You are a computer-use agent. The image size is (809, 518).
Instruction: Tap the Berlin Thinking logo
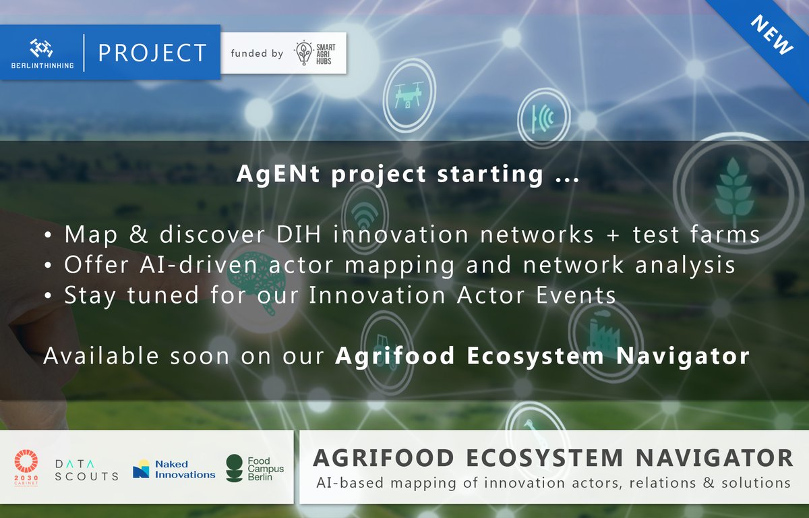(x=42, y=53)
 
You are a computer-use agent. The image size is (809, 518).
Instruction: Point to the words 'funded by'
(x=257, y=53)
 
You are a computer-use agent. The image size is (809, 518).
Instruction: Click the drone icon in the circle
(x=409, y=94)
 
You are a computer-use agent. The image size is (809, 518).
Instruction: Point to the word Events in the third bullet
(x=580, y=295)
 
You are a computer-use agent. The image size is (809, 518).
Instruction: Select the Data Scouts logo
(x=86, y=467)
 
